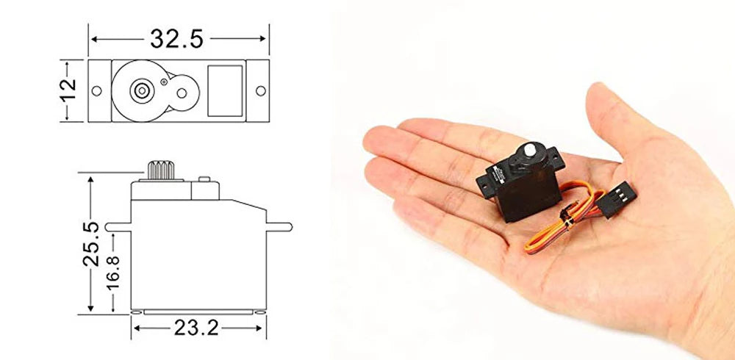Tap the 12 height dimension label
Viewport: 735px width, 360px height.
coord(68,90)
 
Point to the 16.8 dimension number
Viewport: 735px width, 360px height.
coord(112,272)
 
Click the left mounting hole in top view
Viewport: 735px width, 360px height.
coord(96,90)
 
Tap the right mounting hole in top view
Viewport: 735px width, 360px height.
coord(260,90)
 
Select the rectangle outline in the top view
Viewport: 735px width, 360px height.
coord(225,90)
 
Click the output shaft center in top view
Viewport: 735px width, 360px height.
coord(139,90)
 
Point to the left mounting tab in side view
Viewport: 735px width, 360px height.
coord(118,227)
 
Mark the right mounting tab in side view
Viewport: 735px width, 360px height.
coord(276,227)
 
